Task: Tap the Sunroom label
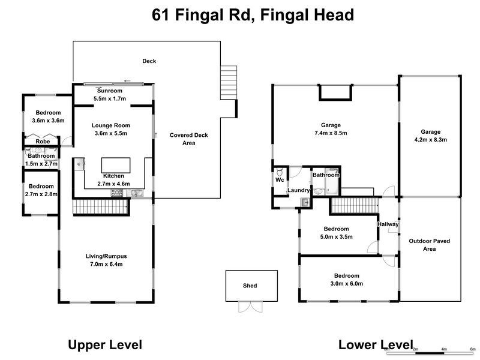tap(110, 91)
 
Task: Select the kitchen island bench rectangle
tap(115, 165)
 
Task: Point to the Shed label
tap(250, 286)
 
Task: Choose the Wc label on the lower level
tap(280, 179)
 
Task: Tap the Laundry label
tap(298, 190)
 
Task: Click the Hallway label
tap(388, 224)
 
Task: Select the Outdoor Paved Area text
tap(430, 245)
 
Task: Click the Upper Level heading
tap(105, 344)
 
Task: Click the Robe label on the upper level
tap(43, 142)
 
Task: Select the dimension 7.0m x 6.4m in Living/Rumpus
tap(106, 264)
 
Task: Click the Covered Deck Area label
tap(189, 139)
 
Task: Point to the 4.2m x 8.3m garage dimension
tap(430, 139)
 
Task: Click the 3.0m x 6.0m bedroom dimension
tap(347, 284)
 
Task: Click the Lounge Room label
tap(111, 125)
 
